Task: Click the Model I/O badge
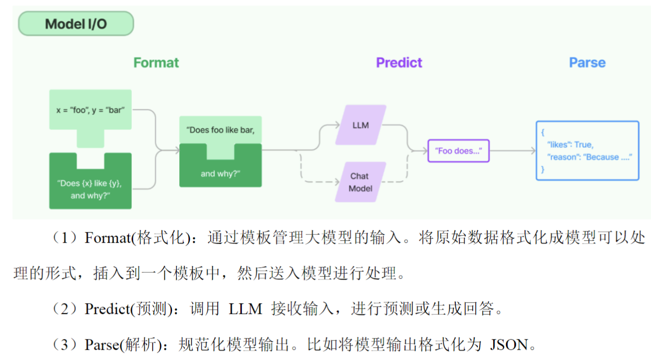tap(76, 24)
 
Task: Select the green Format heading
tap(156, 63)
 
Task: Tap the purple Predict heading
tap(399, 63)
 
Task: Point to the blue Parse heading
tap(587, 63)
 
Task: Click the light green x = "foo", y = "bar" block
tap(91, 110)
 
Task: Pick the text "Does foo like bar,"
tap(220, 130)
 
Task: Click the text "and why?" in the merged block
tap(220, 174)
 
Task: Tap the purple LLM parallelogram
tap(361, 125)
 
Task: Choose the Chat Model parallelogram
tap(360, 182)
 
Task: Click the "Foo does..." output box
tap(458, 151)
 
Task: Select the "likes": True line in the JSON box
tap(570, 145)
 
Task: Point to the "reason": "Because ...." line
tap(589, 157)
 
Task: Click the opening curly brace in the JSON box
tap(543, 133)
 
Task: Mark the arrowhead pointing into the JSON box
tap(533, 151)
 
